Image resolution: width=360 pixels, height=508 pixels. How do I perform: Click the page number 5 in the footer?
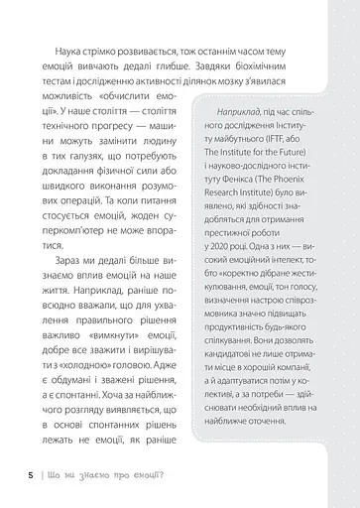point(19,472)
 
